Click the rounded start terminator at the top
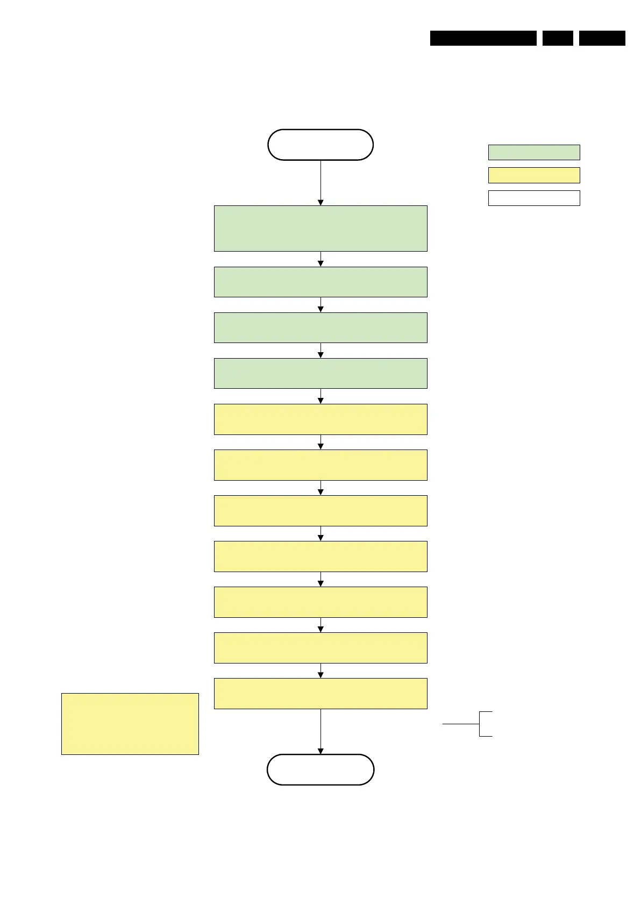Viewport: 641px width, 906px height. coord(320,145)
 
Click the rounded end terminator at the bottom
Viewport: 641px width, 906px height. coord(320,769)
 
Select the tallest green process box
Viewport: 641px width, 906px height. coord(320,229)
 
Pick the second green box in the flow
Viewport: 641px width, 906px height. coord(320,282)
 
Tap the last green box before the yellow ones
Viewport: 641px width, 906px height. coord(320,373)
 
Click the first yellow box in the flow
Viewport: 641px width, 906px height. coord(320,419)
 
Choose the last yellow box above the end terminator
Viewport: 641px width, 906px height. coord(320,693)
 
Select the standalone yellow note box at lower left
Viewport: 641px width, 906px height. coord(130,724)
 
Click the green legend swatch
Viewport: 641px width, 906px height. coord(534,152)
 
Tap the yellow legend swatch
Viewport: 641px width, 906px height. coord(534,175)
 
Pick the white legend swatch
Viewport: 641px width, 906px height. coord(534,198)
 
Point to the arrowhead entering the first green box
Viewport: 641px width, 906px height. coord(320,203)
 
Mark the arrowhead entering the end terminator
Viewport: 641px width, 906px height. coord(320,751)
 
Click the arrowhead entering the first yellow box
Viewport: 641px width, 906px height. coord(320,401)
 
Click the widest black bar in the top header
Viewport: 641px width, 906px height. coord(483,38)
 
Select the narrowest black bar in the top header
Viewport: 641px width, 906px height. coord(558,38)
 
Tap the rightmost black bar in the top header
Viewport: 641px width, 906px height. coord(602,38)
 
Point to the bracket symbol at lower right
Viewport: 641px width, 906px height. coord(480,724)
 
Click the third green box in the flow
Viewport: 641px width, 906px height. coord(320,327)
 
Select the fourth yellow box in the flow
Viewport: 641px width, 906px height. coord(320,556)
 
